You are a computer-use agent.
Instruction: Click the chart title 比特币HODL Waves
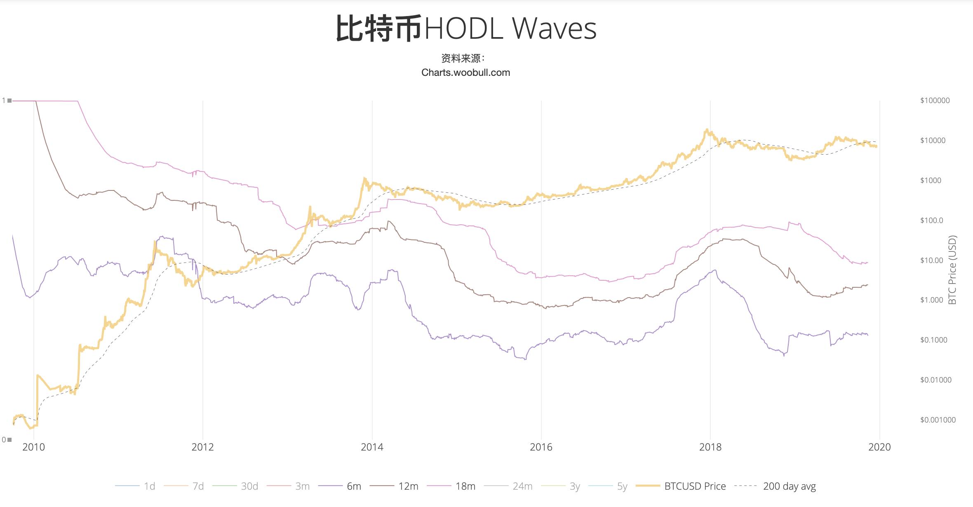(466, 28)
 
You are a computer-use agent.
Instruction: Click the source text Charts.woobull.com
(465, 73)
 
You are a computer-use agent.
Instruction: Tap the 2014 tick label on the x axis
(372, 447)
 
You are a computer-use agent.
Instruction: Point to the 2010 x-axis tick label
(33, 447)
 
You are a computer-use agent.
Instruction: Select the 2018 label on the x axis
(710, 447)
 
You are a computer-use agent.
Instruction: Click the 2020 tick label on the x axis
(879, 447)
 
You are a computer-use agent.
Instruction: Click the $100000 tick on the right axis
(935, 101)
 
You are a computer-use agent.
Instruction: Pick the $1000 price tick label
(931, 181)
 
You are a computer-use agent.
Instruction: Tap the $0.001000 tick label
(938, 420)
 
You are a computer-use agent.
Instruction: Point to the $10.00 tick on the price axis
(931, 261)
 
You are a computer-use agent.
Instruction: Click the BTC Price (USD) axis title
(952, 270)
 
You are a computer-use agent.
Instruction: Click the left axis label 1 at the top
(4, 101)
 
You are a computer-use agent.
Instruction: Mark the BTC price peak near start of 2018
(707, 130)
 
